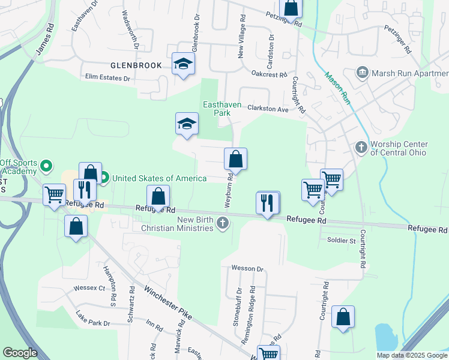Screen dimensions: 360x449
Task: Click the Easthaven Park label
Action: point(222,109)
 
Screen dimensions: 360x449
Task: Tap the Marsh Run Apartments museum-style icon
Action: point(362,73)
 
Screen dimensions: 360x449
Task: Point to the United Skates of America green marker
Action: point(104,178)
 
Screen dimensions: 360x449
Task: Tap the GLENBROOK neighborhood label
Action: point(136,65)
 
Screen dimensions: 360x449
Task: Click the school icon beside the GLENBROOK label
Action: point(183,64)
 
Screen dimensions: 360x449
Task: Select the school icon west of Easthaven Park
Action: point(187,124)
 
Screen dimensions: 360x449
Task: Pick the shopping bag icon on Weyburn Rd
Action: point(235,159)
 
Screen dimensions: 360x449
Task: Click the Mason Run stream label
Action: point(337,88)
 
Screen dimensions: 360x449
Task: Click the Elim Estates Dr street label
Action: point(108,78)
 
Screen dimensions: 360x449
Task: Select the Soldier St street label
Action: point(342,241)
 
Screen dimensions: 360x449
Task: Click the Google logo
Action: point(20,353)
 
